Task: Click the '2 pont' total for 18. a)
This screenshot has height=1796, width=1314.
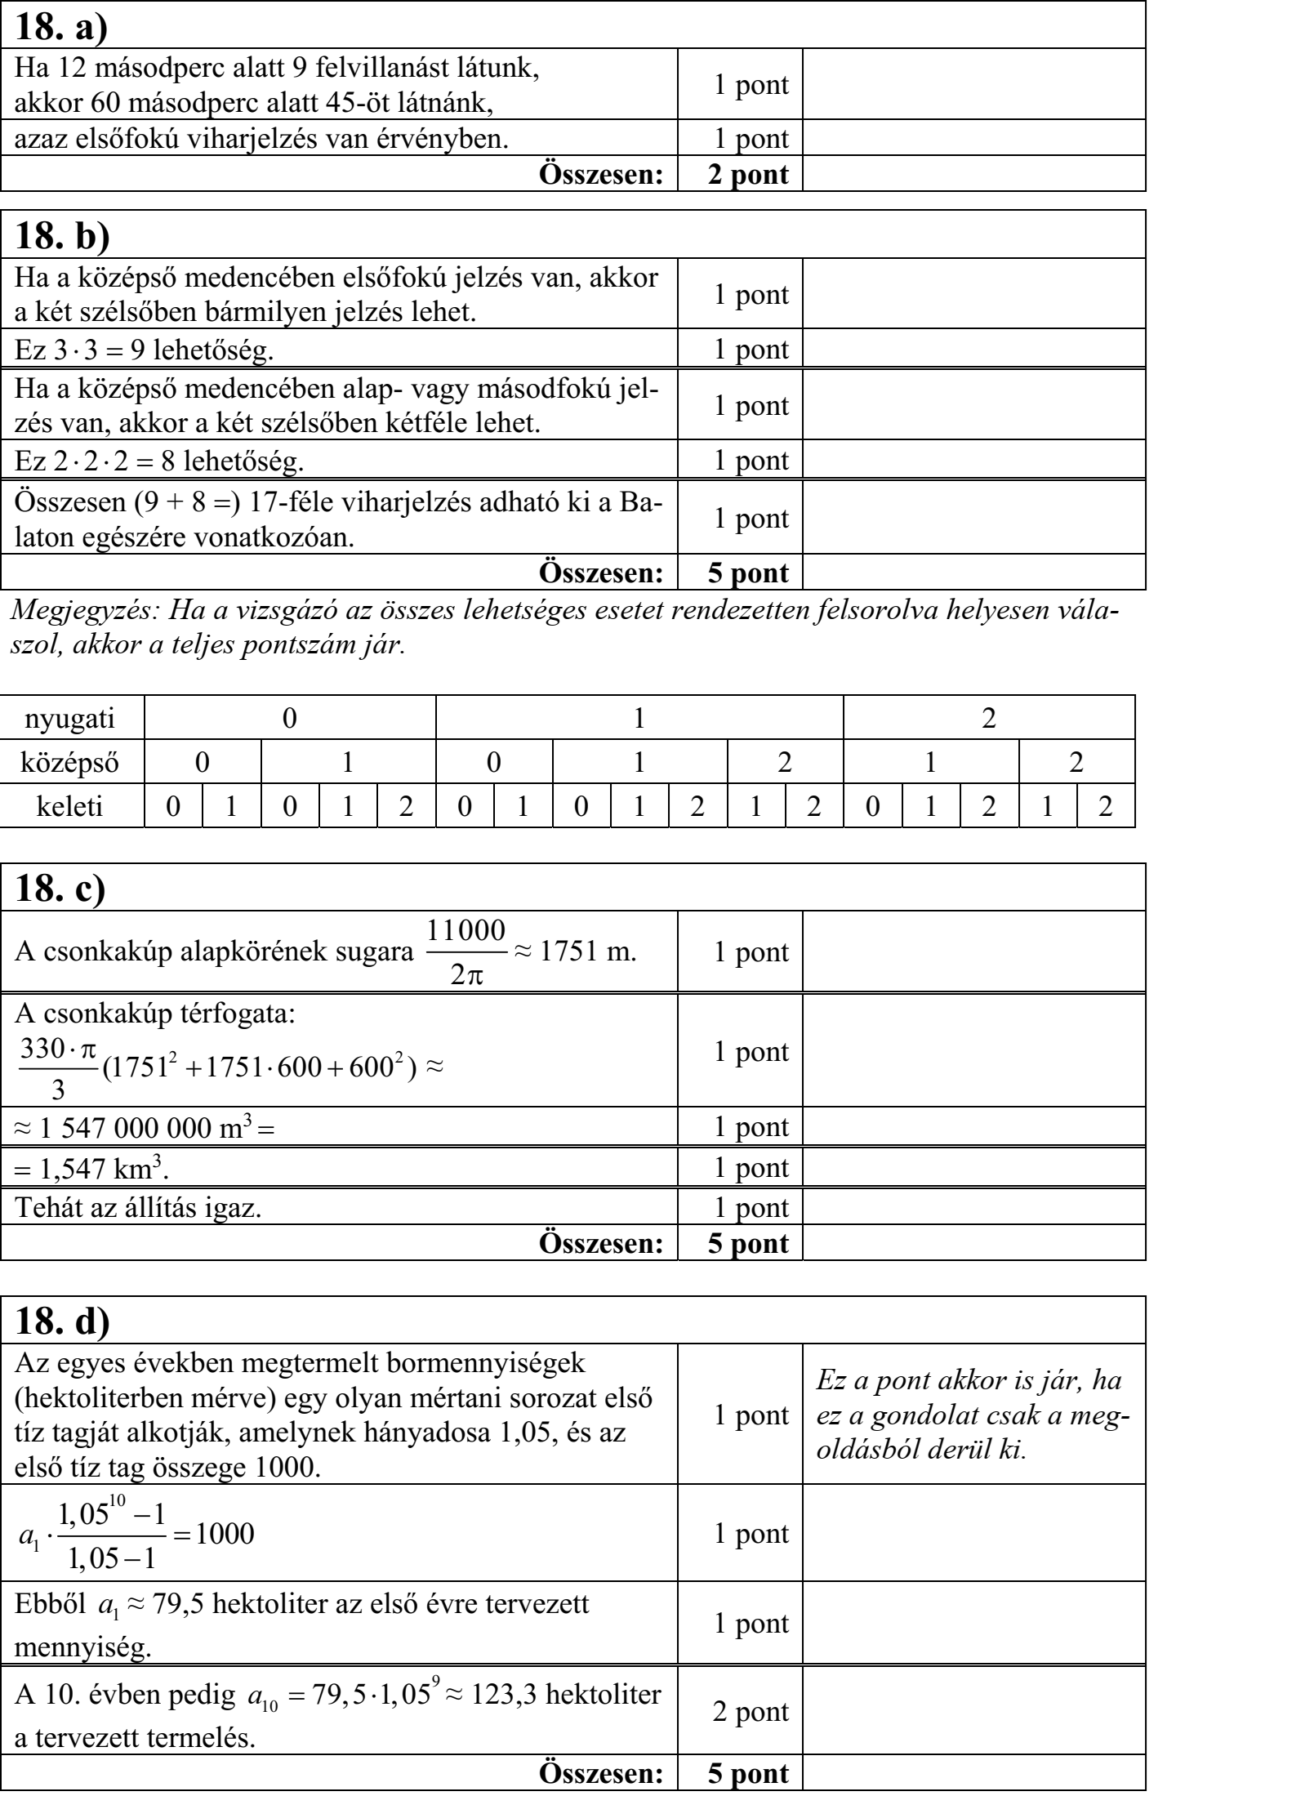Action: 748,174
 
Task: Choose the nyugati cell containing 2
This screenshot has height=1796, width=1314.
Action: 989,719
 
